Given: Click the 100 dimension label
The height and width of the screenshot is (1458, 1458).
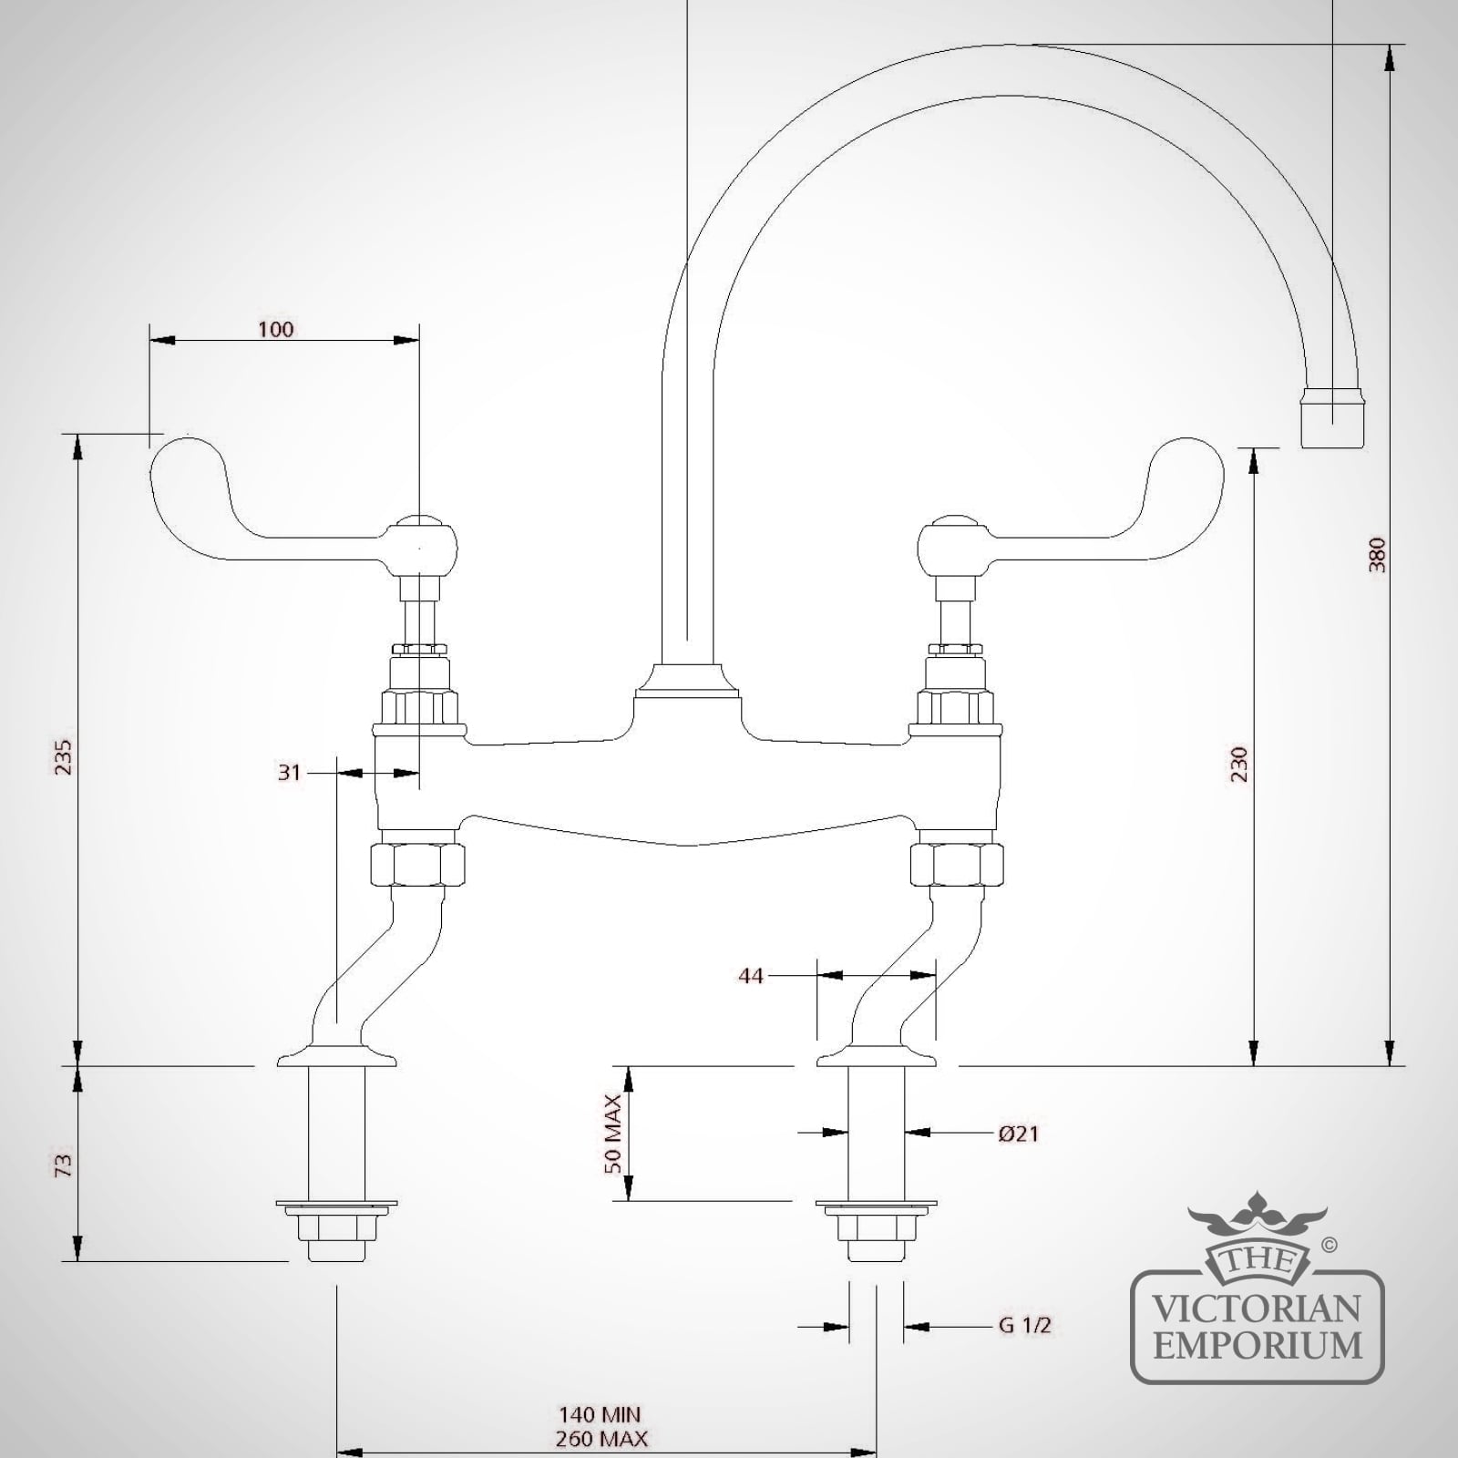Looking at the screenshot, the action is coord(275,328).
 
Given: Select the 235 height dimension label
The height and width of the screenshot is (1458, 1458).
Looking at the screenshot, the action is coord(63,757).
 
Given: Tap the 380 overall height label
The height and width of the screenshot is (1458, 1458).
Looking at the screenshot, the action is coord(1377,554).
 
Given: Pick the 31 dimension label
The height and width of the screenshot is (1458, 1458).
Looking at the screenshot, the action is coord(289,772).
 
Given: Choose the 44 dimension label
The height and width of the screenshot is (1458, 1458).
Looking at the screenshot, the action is coord(750,975).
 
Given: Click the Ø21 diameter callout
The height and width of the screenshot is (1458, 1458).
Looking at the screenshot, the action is coord(1018,1134).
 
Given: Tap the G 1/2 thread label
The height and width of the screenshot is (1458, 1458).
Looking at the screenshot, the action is coord(1025,1325).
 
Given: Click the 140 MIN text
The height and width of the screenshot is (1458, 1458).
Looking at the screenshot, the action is coord(600,1415).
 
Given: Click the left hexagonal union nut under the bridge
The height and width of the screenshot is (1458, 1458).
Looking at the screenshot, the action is coord(417,863).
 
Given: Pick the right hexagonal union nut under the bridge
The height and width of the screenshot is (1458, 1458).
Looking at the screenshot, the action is coord(957,863).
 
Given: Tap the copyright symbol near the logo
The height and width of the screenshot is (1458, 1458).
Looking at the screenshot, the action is coord(1329,1244).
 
